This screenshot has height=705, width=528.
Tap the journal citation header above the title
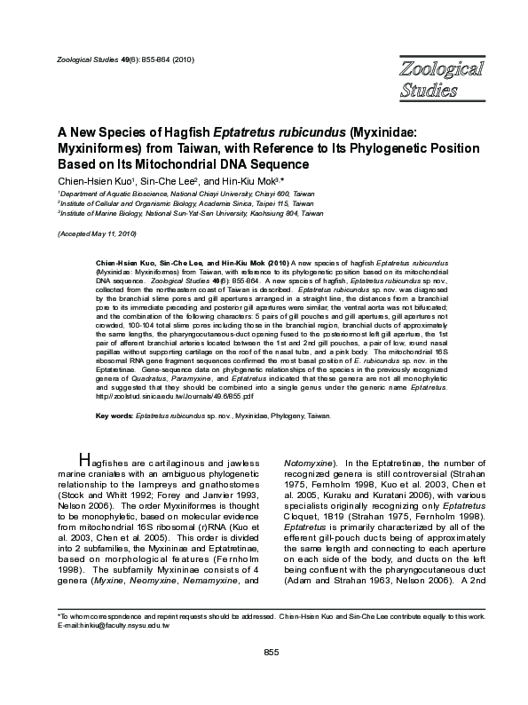click(120, 59)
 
